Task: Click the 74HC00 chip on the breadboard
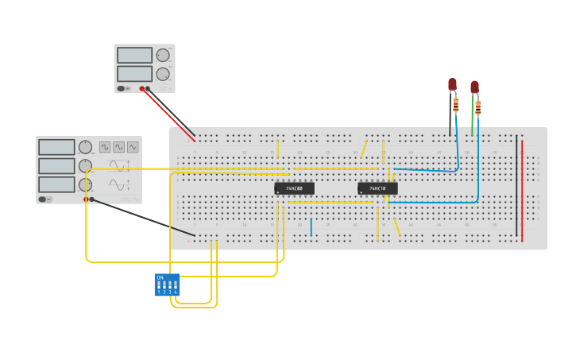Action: (x=294, y=188)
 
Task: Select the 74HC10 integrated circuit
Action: (x=377, y=188)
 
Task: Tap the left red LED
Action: (x=452, y=83)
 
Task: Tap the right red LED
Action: (x=474, y=87)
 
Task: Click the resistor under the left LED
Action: (x=456, y=104)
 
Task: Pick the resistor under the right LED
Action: (x=478, y=107)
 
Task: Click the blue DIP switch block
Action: (x=167, y=285)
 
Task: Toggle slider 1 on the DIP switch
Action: (x=159, y=285)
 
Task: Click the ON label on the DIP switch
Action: (x=160, y=277)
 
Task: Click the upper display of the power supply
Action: (x=134, y=56)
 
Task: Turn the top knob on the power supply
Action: (x=163, y=56)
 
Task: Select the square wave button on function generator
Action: (x=105, y=147)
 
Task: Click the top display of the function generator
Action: (x=56, y=147)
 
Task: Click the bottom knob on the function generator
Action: (x=85, y=184)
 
